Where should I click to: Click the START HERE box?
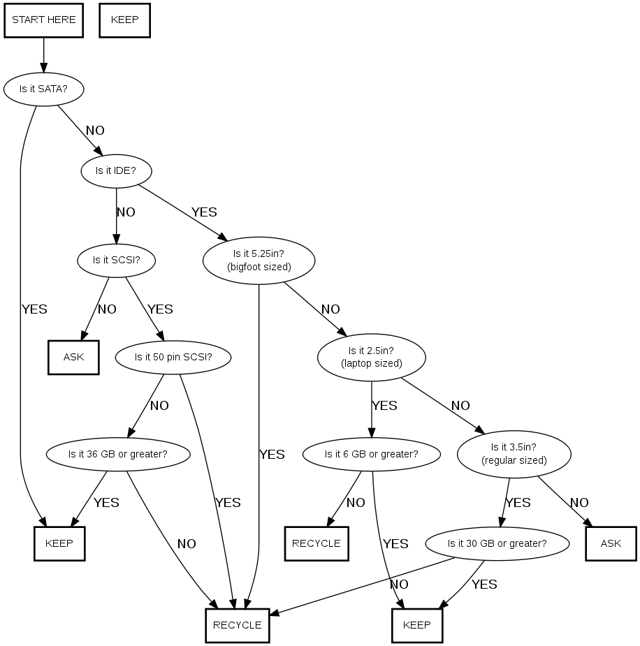pos(44,20)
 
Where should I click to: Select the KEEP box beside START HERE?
pos(125,20)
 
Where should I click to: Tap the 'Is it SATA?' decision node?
pos(44,89)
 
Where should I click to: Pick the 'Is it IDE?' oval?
pos(117,170)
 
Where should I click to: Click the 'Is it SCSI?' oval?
pos(116,260)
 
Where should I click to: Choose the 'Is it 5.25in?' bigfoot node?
pos(259,260)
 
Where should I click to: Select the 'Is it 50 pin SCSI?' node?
pos(173,358)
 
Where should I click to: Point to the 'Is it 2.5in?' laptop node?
pos(372,357)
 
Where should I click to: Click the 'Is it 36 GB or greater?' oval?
pos(118,453)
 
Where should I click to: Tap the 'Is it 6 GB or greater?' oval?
pos(372,454)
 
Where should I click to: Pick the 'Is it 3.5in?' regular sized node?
pos(514,454)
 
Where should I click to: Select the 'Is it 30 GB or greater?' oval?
pos(497,543)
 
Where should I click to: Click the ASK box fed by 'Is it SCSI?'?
pos(73,357)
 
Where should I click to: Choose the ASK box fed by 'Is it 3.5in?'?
pos(611,543)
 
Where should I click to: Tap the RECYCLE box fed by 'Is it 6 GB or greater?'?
pos(316,543)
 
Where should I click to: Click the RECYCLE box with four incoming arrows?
pos(237,625)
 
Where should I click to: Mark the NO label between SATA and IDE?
pos(95,131)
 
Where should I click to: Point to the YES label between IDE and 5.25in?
pos(204,212)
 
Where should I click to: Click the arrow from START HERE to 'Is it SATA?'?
pos(44,54)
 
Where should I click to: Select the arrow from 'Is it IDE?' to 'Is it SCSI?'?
pos(117,214)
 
